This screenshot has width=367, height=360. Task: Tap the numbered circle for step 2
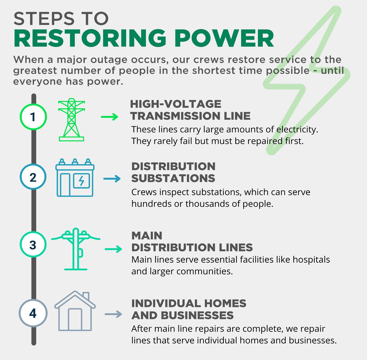(33, 177)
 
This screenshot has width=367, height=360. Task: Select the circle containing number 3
(33, 245)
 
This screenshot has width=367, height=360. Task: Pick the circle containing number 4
(33, 313)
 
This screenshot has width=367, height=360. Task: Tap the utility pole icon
(76, 249)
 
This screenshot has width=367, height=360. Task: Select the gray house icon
(75, 311)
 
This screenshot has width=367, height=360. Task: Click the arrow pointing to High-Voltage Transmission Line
(109, 117)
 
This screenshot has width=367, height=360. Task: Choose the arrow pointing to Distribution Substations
(112, 179)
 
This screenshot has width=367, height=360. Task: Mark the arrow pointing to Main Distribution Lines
(113, 249)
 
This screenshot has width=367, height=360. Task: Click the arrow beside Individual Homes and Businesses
(113, 314)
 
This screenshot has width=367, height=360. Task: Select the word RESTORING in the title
(90, 39)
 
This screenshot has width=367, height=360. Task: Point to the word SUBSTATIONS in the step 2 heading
(173, 178)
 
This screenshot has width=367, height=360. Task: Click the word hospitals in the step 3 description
(311, 259)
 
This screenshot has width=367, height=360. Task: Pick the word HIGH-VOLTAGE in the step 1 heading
(176, 104)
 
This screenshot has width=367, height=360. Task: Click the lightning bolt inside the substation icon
(81, 180)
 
